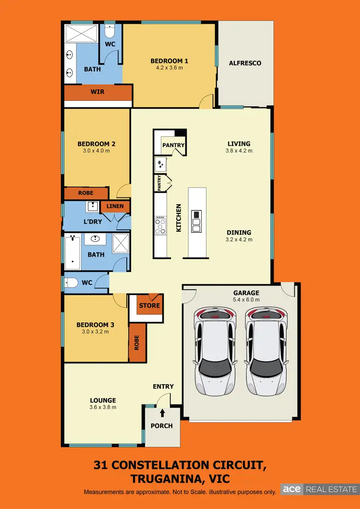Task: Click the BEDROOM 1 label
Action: [x=169, y=61]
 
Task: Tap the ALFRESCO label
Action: [x=245, y=63]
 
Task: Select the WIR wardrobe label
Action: [x=98, y=92]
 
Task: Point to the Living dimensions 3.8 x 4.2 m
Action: [x=239, y=151]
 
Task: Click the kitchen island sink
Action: [x=196, y=221]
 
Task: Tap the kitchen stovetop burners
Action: [x=160, y=225]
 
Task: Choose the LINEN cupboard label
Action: [x=115, y=206]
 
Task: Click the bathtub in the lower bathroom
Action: [x=72, y=251]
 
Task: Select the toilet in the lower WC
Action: [x=71, y=283]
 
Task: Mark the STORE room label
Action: [x=149, y=306]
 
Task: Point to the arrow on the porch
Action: [x=162, y=412]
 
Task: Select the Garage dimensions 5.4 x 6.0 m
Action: [x=246, y=300]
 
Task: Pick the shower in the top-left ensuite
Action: [x=81, y=34]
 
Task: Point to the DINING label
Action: [x=239, y=233]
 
